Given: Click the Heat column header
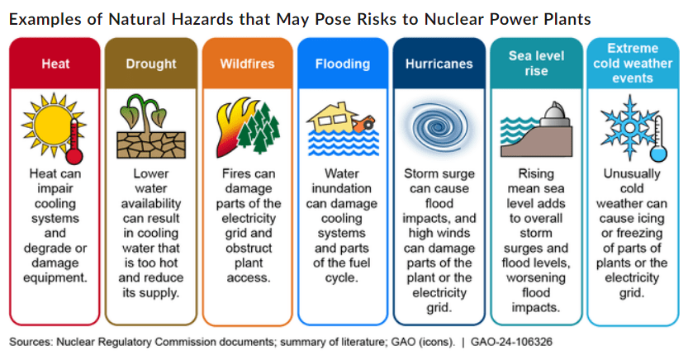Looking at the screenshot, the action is [x=55, y=64].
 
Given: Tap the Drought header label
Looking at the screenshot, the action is [x=151, y=64].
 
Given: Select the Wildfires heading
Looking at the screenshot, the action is [x=247, y=64].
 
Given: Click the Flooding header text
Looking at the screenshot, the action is [x=342, y=64].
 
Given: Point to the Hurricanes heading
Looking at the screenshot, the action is [x=439, y=64].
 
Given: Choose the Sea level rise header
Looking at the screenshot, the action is [x=536, y=63].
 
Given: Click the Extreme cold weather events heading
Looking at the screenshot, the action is [x=633, y=63].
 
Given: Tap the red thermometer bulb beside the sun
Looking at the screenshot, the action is [x=74, y=156].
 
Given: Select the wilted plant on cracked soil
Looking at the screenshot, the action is [x=151, y=126].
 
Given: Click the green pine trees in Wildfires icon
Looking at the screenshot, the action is [x=259, y=128].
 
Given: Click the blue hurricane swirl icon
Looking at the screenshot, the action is [x=438, y=128].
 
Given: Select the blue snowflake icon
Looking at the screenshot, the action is [x=629, y=128].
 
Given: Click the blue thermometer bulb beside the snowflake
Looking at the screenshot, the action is [x=658, y=154].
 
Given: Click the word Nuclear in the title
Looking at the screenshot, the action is [x=454, y=19].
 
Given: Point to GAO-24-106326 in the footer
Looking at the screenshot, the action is [x=511, y=342].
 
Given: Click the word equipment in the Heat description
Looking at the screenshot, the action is [x=55, y=278].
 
